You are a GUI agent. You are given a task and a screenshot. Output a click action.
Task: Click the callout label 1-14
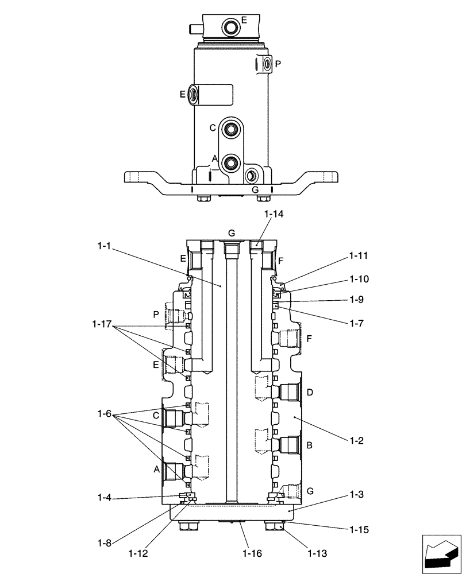274,214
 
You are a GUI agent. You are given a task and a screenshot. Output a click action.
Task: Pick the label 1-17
101,325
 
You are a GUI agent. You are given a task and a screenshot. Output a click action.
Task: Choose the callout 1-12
138,554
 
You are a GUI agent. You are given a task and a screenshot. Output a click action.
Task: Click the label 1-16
252,554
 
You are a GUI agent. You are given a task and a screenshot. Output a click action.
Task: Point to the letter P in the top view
278,64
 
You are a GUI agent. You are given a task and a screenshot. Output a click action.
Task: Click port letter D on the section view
310,393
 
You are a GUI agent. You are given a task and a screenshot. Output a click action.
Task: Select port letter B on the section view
310,445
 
